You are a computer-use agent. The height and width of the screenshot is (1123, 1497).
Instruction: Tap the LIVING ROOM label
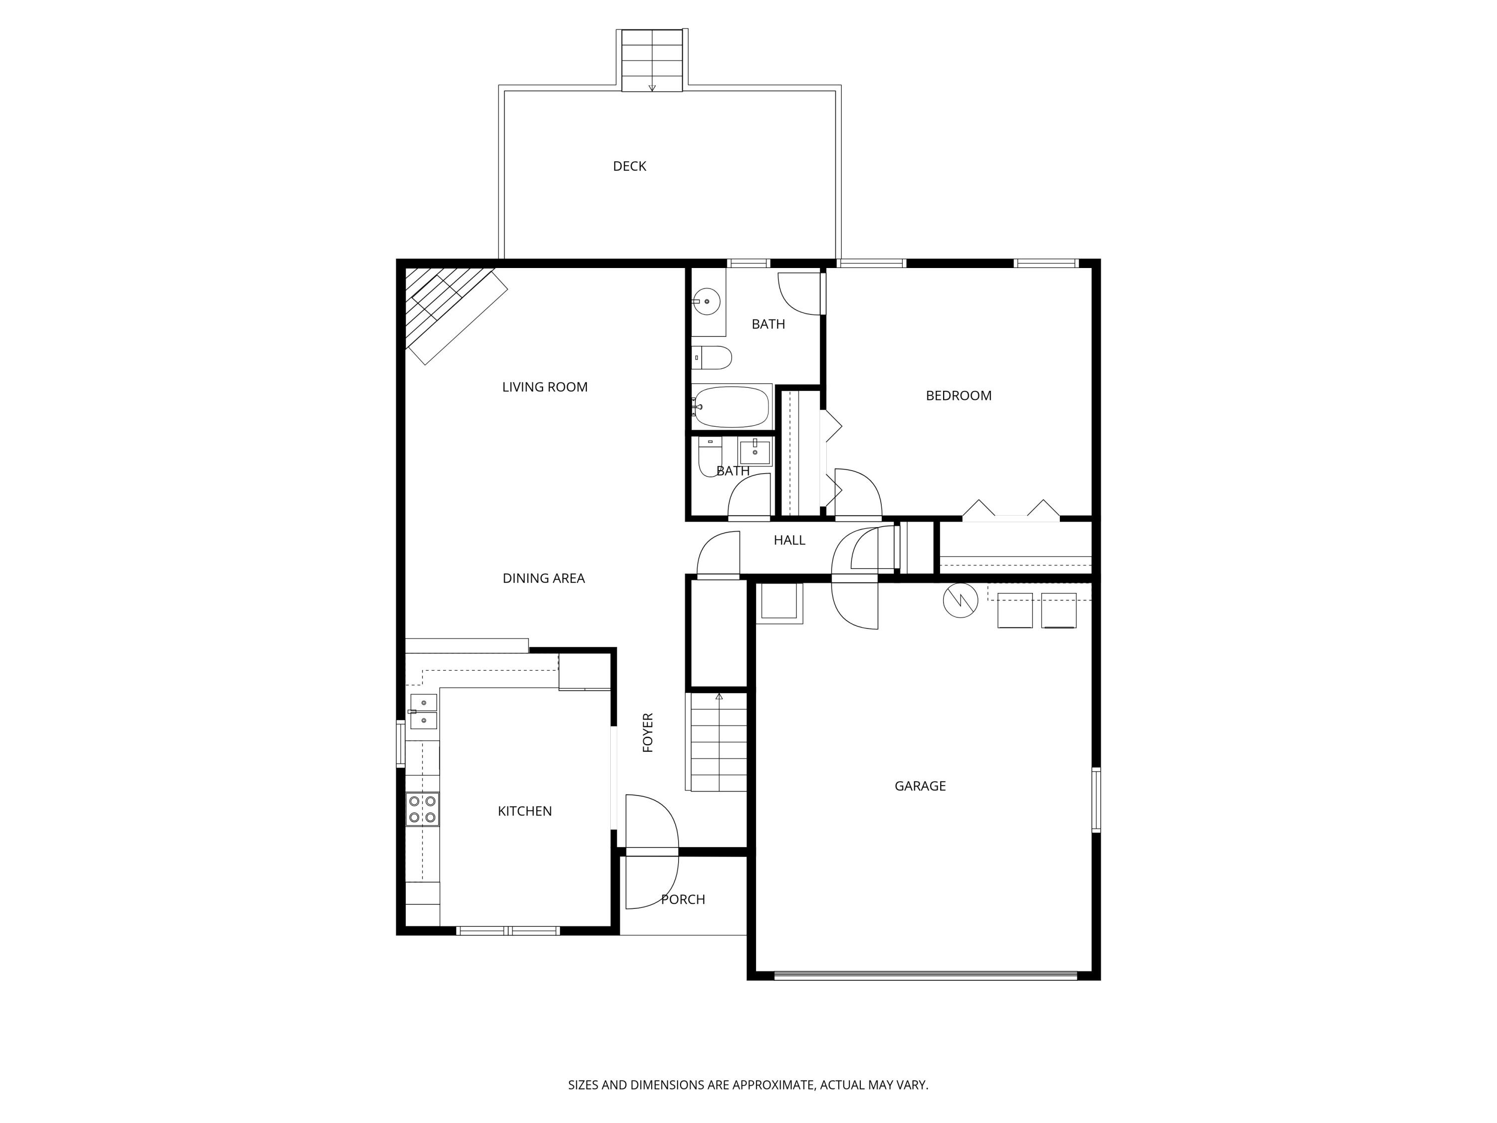pyautogui.click(x=545, y=387)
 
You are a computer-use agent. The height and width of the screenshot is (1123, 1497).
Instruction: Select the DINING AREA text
pyautogui.click(x=543, y=578)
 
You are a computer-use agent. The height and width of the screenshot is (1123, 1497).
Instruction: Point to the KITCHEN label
pyautogui.click(x=524, y=811)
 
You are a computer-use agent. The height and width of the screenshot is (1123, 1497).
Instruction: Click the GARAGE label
pyautogui.click(x=920, y=786)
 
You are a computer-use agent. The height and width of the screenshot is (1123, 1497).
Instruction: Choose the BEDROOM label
pyautogui.click(x=958, y=396)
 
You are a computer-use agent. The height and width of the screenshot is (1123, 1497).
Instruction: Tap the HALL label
pyautogui.click(x=789, y=540)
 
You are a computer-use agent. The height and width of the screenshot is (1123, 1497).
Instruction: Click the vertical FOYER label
pyautogui.click(x=648, y=732)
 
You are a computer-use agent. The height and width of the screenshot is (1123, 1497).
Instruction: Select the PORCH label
pyautogui.click(x=683, y=899)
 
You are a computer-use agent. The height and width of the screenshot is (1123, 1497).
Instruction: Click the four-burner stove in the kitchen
pyautogui.click(x=422, y=809)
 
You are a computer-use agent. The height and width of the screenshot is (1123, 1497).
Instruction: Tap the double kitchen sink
pyautogui.click(x=424, y=711)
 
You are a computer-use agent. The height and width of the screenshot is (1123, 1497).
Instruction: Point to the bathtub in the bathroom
pyautogui.click(x=731, y=407)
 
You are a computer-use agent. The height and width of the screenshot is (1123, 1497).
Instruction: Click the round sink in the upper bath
pyautogui.click(x=707, y=301)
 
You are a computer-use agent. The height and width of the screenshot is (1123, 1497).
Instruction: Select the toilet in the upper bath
pyautogui.click(x=712, y=357)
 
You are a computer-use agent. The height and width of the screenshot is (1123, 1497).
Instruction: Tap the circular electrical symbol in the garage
pyautogui.click(x=961, y=600)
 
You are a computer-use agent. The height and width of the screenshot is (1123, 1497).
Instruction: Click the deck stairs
pyautogui.click(x=652, y=60)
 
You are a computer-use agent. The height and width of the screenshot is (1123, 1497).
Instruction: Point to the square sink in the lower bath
pyautogui.click(x=754, y=452)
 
